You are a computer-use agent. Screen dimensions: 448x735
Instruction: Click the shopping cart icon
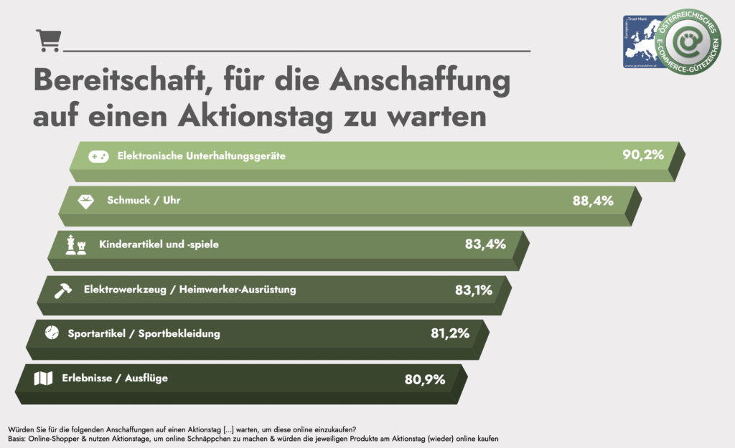coord(47,40)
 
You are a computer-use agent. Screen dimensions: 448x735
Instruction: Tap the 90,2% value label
coord(643,155)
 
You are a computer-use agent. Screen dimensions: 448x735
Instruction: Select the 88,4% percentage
coord(593,201)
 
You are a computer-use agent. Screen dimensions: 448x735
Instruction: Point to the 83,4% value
coord(485,244)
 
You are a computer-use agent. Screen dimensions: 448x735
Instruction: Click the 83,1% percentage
coord(473,290)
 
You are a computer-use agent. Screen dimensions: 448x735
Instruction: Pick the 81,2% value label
coord(450,333)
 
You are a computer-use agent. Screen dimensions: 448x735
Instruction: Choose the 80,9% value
coord(426,378)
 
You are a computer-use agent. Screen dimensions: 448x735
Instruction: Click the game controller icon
coord(98,156)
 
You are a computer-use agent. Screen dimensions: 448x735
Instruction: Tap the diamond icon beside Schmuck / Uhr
coord(86,201)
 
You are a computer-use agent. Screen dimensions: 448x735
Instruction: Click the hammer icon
coord(63,290)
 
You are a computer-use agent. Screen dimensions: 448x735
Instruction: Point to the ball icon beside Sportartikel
coord(51,333)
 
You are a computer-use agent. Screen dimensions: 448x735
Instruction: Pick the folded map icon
coord(44,378)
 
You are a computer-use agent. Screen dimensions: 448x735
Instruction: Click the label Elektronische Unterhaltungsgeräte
coord(202,156)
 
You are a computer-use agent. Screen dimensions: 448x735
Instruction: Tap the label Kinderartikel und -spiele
coord(159,244)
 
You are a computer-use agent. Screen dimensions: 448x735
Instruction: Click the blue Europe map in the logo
coord(647,39)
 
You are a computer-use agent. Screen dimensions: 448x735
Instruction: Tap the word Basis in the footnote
coord(17,438)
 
